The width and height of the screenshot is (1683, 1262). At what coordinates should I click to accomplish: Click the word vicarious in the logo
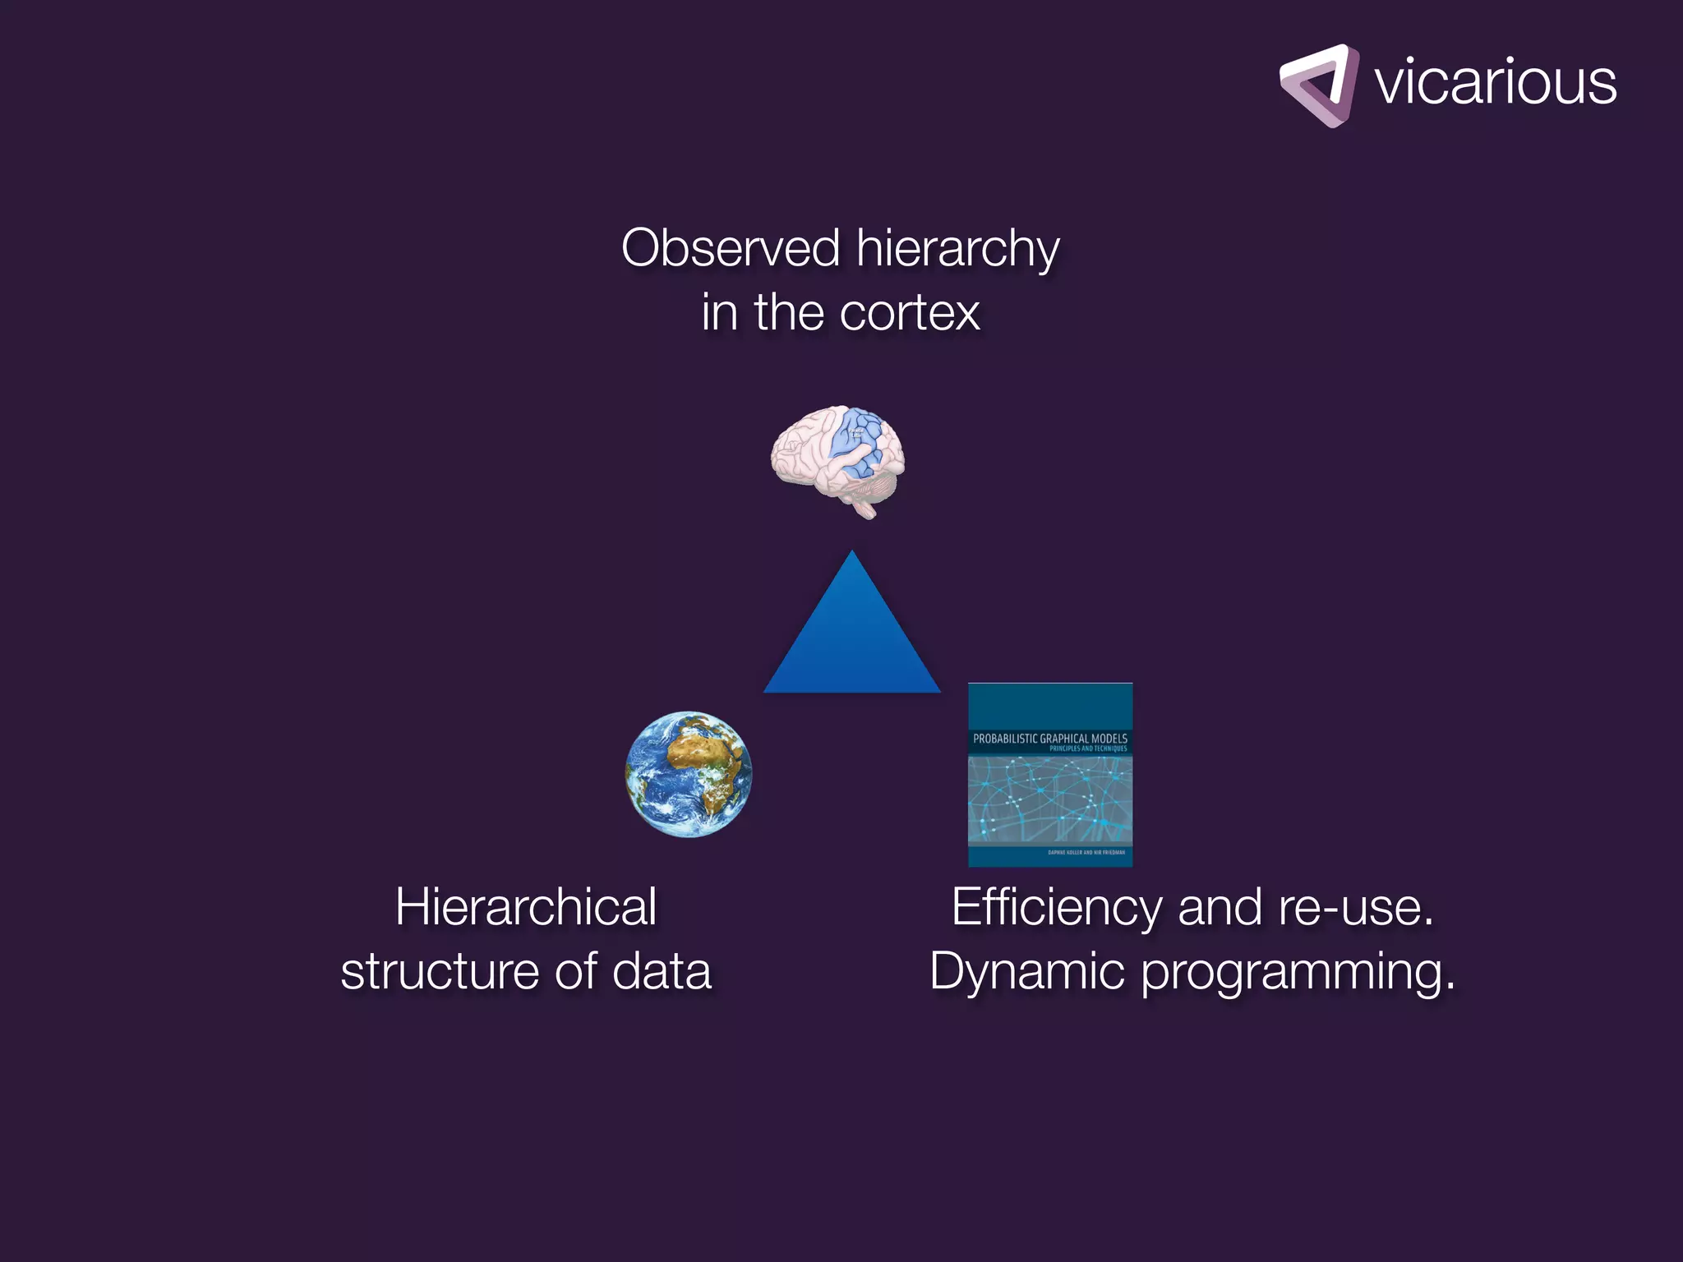1495,83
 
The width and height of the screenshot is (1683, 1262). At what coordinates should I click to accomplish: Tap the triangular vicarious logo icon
1318,85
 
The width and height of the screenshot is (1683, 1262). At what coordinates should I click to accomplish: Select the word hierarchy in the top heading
957,250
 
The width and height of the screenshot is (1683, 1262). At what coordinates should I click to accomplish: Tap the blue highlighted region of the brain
858,444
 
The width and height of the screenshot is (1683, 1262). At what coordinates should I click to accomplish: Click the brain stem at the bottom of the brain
865,509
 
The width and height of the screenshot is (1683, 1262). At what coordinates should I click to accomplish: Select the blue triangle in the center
852,641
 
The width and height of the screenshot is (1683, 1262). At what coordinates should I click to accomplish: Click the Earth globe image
689,774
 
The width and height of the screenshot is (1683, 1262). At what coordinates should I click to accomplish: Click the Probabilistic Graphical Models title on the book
1049,739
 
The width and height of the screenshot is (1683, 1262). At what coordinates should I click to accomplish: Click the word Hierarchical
526,907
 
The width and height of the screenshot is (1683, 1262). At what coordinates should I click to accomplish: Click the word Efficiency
1057,909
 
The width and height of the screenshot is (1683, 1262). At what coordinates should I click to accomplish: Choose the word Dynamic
1026,971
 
